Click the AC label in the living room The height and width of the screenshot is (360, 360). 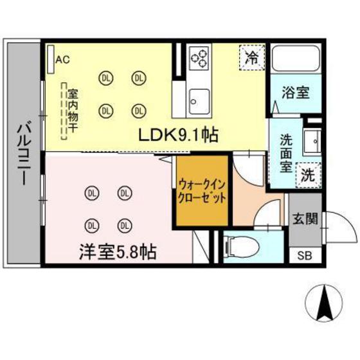(62, 60)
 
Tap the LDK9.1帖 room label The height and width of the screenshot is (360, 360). (179, 136)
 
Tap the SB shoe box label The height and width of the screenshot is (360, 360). (304, 255)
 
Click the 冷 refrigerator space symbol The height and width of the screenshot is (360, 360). (251, 56)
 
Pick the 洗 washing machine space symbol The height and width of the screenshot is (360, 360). (309, 174)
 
